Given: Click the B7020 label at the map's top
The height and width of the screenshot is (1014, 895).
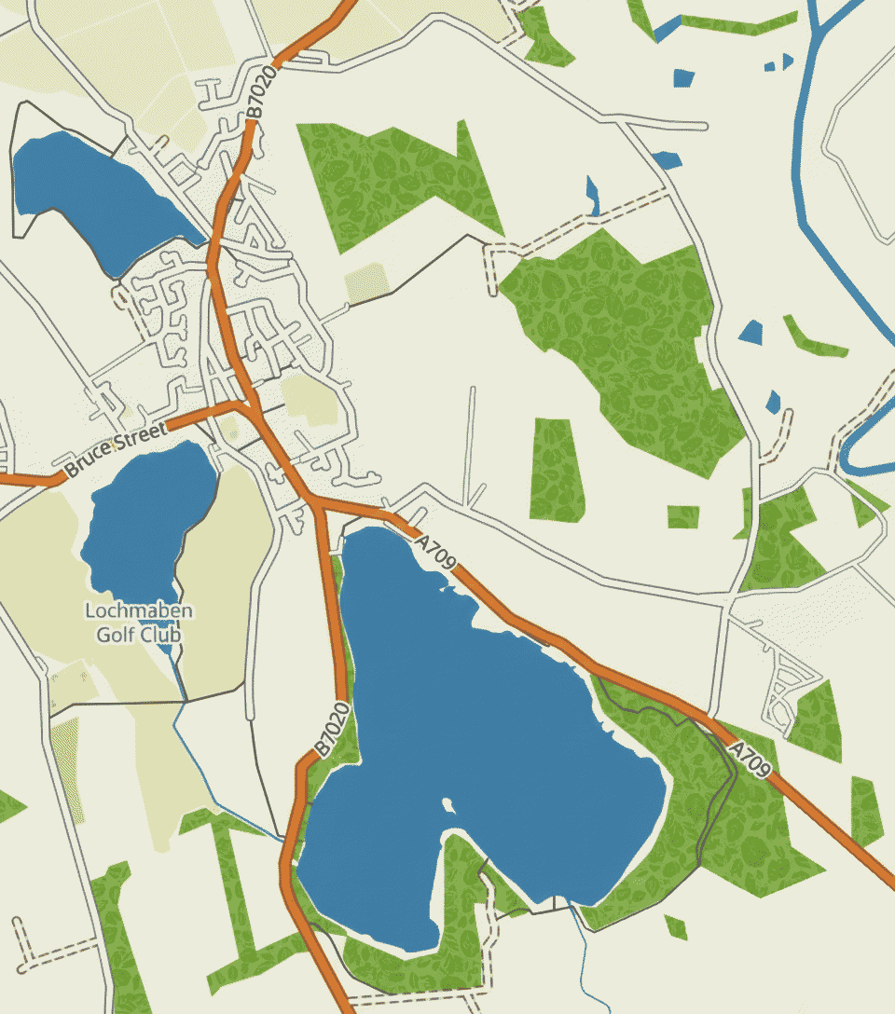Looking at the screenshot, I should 265,91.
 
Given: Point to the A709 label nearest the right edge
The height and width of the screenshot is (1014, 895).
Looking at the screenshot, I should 750,759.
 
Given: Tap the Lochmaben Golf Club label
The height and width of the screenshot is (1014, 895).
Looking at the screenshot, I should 139,623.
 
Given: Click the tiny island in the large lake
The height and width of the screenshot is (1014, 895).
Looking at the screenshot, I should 446,802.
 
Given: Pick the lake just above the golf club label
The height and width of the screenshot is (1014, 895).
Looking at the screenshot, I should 149,517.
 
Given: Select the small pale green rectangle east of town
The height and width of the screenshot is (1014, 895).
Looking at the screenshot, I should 366,282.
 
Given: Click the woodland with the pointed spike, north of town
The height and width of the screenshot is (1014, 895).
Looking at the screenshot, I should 392,177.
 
